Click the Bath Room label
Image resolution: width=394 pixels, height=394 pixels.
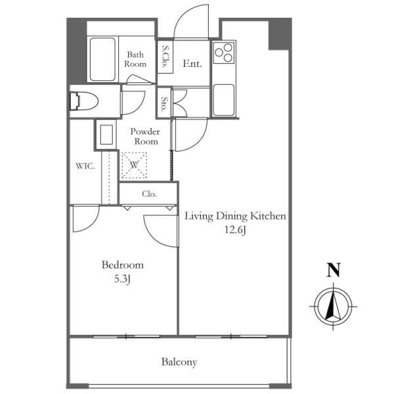pyautogui.click(x=135, y=59)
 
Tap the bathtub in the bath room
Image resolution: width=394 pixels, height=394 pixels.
pyautogui.click(x=102, y=59)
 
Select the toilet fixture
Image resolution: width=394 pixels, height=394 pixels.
pyautogui.click(x=83, y=101)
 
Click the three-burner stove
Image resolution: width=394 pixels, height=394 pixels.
pyautogui.click(x=224, y=53)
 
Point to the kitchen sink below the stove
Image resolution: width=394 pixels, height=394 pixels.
pyautogui.click(x=224, y=100)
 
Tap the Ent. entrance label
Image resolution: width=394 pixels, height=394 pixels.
pyautogui.click(x=192, y=64)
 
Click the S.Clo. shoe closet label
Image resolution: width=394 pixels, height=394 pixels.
pyautogui.click(x=165, y=57)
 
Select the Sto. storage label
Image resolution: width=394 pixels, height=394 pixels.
pyautogui.click(x=164, y=104)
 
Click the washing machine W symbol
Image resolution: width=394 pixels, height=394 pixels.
pyautogui.click(x=134, y=165)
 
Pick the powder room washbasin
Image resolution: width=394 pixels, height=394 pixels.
pyautogui.click(x=106, y=135)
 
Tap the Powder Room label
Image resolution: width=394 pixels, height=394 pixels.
pyautogui.click(x=145, y=137)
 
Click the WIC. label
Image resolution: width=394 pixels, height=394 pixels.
pyautogui.click(x=85, y=166)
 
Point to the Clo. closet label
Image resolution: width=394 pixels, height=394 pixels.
pyautogui.click(x=149, y=194)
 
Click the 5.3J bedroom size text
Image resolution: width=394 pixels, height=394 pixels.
pyautogui.click(x=122, y=279)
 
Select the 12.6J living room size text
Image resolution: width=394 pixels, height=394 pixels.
pyautogui.click(x=235, y=230)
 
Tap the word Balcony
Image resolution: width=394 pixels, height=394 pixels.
pyautogui.click(x=179, y=362)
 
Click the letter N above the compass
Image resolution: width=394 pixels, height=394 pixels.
pyautogui.click(x=334, y=270)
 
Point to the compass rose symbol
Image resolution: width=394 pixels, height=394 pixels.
pyautogui.click(x=333, y=307)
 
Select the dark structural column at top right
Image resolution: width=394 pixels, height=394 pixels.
pyautogui.click(x=280, y=34)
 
